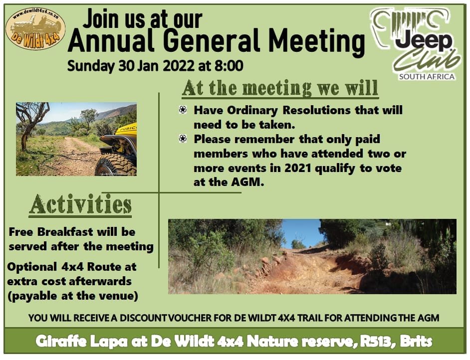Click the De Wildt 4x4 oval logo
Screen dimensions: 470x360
tap(35, 29)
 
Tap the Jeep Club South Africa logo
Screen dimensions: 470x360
tap(416, 44)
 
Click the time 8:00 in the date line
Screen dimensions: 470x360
tap(229, 66)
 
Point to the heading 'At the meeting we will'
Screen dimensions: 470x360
tap(280, 89)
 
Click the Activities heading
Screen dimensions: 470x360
tap(80, 204)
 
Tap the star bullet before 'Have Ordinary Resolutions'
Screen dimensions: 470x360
tap(183, 110)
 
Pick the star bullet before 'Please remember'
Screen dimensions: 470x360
tap(183, 139)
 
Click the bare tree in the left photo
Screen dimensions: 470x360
tap(30, 123)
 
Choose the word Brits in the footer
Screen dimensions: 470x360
tap(416, 342)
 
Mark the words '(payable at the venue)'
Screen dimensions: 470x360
tap(73, 296)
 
